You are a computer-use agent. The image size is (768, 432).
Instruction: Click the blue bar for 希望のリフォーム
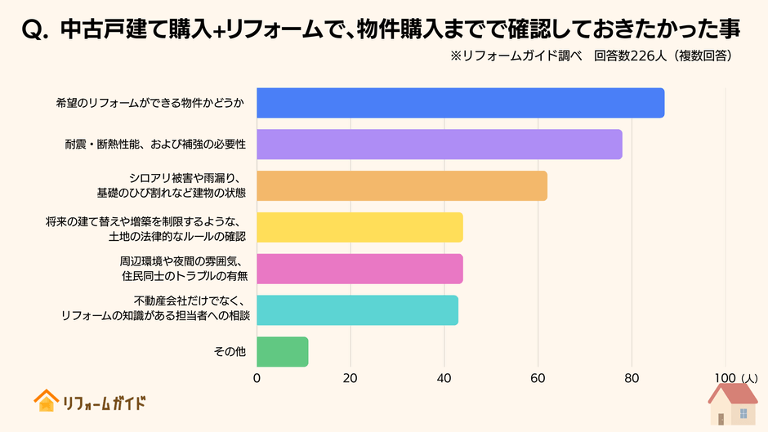coord(460,103)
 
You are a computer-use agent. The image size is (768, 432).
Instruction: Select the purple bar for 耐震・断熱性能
coord(439,145)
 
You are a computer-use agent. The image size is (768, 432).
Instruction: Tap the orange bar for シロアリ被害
coord(401,185)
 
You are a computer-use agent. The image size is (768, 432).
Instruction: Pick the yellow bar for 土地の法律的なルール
coord(359,227)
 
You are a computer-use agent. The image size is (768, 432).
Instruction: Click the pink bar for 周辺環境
coord(359,269)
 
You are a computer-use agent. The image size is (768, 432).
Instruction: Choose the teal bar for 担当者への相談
coord(357,310)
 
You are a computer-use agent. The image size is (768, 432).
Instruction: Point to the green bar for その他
coord(282,351)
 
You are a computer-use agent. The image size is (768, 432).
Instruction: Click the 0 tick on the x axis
coord(257,378)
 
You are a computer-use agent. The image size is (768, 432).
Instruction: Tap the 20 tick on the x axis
coord(351,378)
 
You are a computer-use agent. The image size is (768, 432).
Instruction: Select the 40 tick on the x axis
coord(444,378)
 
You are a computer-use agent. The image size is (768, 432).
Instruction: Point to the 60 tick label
coord(538,378)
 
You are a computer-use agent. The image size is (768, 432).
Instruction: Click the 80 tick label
coord(632,378)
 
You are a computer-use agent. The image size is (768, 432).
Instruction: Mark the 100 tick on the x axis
coord(724,378)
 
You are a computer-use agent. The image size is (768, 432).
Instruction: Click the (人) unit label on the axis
coord(749,378)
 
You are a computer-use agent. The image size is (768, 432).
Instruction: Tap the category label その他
coord(230,351)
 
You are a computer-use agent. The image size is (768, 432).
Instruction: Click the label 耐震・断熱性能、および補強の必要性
coord(156,145)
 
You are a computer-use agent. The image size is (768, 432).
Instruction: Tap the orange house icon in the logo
coord(46,401)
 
